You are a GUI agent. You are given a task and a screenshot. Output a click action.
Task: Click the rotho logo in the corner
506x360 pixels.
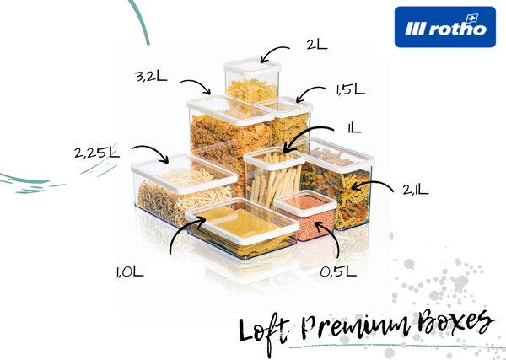(444, 27)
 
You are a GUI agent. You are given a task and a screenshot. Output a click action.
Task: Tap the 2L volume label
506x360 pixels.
(317, 45)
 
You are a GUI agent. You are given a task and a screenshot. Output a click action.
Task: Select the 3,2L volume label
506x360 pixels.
(151, 77)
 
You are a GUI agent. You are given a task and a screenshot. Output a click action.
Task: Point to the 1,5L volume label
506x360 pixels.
(351, 89)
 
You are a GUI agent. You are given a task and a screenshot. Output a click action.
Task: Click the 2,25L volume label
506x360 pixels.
(97, 153)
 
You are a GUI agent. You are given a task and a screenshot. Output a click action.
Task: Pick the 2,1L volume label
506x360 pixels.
(415, 190)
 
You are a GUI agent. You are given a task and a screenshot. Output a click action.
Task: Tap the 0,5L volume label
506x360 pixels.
(338, 272)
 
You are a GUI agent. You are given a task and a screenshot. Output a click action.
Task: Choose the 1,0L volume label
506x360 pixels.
(130, 272)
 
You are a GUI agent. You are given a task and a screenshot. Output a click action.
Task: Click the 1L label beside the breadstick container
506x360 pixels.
(354, 129)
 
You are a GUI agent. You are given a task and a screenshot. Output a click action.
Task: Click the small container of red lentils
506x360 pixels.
(305, 215)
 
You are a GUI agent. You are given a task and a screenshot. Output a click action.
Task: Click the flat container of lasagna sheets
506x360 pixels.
(243, 228)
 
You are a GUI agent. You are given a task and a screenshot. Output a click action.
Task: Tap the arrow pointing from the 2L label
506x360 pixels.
(273, 52)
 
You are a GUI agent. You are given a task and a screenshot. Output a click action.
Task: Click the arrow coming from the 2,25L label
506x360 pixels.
(153, 152)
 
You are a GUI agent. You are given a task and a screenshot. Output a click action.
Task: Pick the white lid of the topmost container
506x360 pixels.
(252, 67)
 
